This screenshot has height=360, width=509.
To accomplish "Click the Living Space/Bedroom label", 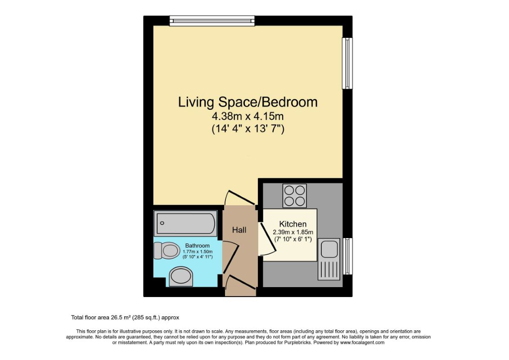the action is pyautogui.click(x=248, y=102).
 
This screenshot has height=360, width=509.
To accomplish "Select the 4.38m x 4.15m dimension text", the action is pyautogui.click(x=248, y=116).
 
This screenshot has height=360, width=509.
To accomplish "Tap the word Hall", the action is pyautogui.click(x=239, y=230).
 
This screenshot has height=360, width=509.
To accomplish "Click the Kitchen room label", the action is pyautogui.click(x=293, y=224).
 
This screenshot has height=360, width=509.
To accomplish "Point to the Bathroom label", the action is pyautogui.click(x=198, y=246).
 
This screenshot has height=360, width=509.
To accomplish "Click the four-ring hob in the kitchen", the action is pyautogui.click(x=295, y=195).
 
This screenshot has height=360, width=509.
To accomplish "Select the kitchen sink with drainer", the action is pyautogui.click(x=329, y=259).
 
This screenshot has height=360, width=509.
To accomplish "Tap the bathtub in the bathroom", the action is pyautogui.click(x=185, y=223).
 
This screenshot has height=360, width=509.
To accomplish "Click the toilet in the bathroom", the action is pyautogui.click(x=167, y=251).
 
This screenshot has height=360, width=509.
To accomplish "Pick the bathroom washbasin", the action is pyautogui.click(x=181, y=277).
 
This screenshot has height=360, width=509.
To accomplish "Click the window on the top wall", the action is pyautogui.click(x=212, y=21).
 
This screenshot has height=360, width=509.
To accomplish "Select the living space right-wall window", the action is pyautogui.click(x=347, y=63).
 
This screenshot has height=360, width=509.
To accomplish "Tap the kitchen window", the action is pyautogui.click(x=348, y=256).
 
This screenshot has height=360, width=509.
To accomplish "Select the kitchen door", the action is pyautogui.click(x=267, y=238).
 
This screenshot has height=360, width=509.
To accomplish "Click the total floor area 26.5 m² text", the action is pyautogui.click(x=125, y=318).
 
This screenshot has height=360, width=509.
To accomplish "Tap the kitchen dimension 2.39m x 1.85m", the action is pyautogui.click(x=293, y=232).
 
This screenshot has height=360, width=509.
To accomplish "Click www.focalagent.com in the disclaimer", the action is pyautogui.click(x=362, y=342).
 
